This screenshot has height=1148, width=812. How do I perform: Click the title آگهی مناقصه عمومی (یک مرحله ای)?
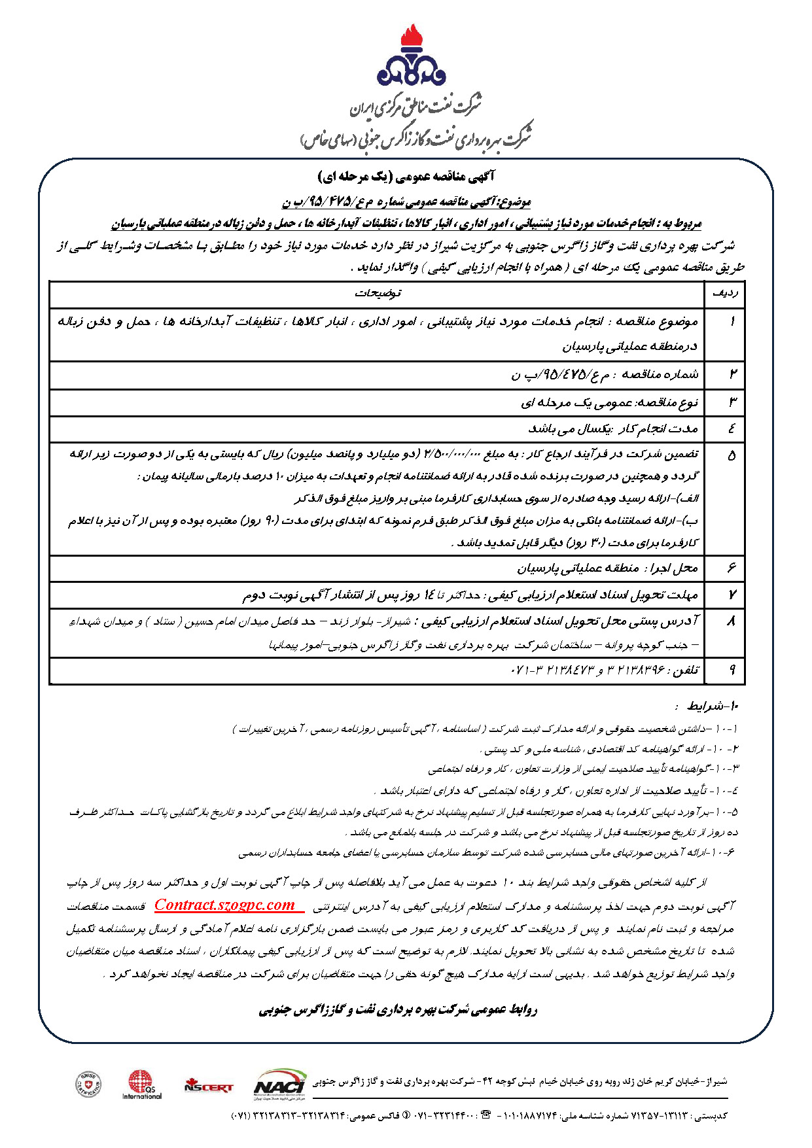click(406, 177)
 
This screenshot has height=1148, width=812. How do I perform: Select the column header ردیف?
click(724, 294)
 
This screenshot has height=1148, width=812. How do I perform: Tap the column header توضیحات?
click(378, 294)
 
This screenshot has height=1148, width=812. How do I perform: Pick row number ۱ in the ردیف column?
click(732, 321)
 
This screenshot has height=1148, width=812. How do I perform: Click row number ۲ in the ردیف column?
click(732, 374)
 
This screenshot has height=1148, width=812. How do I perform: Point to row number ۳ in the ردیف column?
click(732, 402)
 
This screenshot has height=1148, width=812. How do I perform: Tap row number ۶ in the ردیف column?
click(732, 568)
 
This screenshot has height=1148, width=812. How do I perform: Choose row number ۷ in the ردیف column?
click(732, 595)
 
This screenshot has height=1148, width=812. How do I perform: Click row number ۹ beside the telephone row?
click(732, 670)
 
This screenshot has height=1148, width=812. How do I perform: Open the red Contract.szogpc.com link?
click(226, 905)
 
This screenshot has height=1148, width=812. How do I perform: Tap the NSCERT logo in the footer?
click(208, 1087)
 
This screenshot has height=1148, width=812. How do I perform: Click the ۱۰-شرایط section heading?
click(713, 706)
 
